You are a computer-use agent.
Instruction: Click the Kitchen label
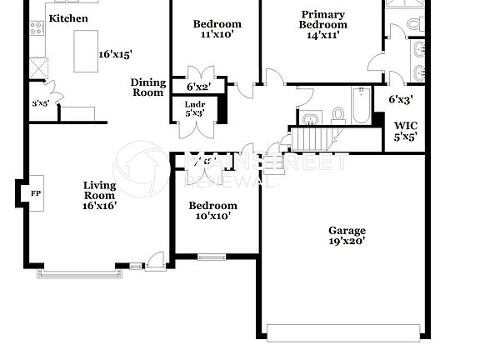pyautogui.click(x=68, y=17)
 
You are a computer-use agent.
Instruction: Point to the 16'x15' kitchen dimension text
pyautogui.click(x=116, y=54)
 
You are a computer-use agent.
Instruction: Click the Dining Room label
pyautogui.click(x=147, y=87)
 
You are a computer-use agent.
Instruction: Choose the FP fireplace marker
pyautogui.click(x=36, y=192)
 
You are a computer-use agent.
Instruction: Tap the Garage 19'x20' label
pyautogui.click(x=347, y=236)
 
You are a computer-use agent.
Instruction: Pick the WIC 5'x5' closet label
pyautogui.click(x=405, y=131)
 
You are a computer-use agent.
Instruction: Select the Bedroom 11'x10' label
pyautogui.click(x=217, y=29)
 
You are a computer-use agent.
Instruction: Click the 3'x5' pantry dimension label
pyautogui.click(x=40, y=104)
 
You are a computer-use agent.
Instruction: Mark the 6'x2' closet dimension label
pyautogui.click(x=198, y=86)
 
